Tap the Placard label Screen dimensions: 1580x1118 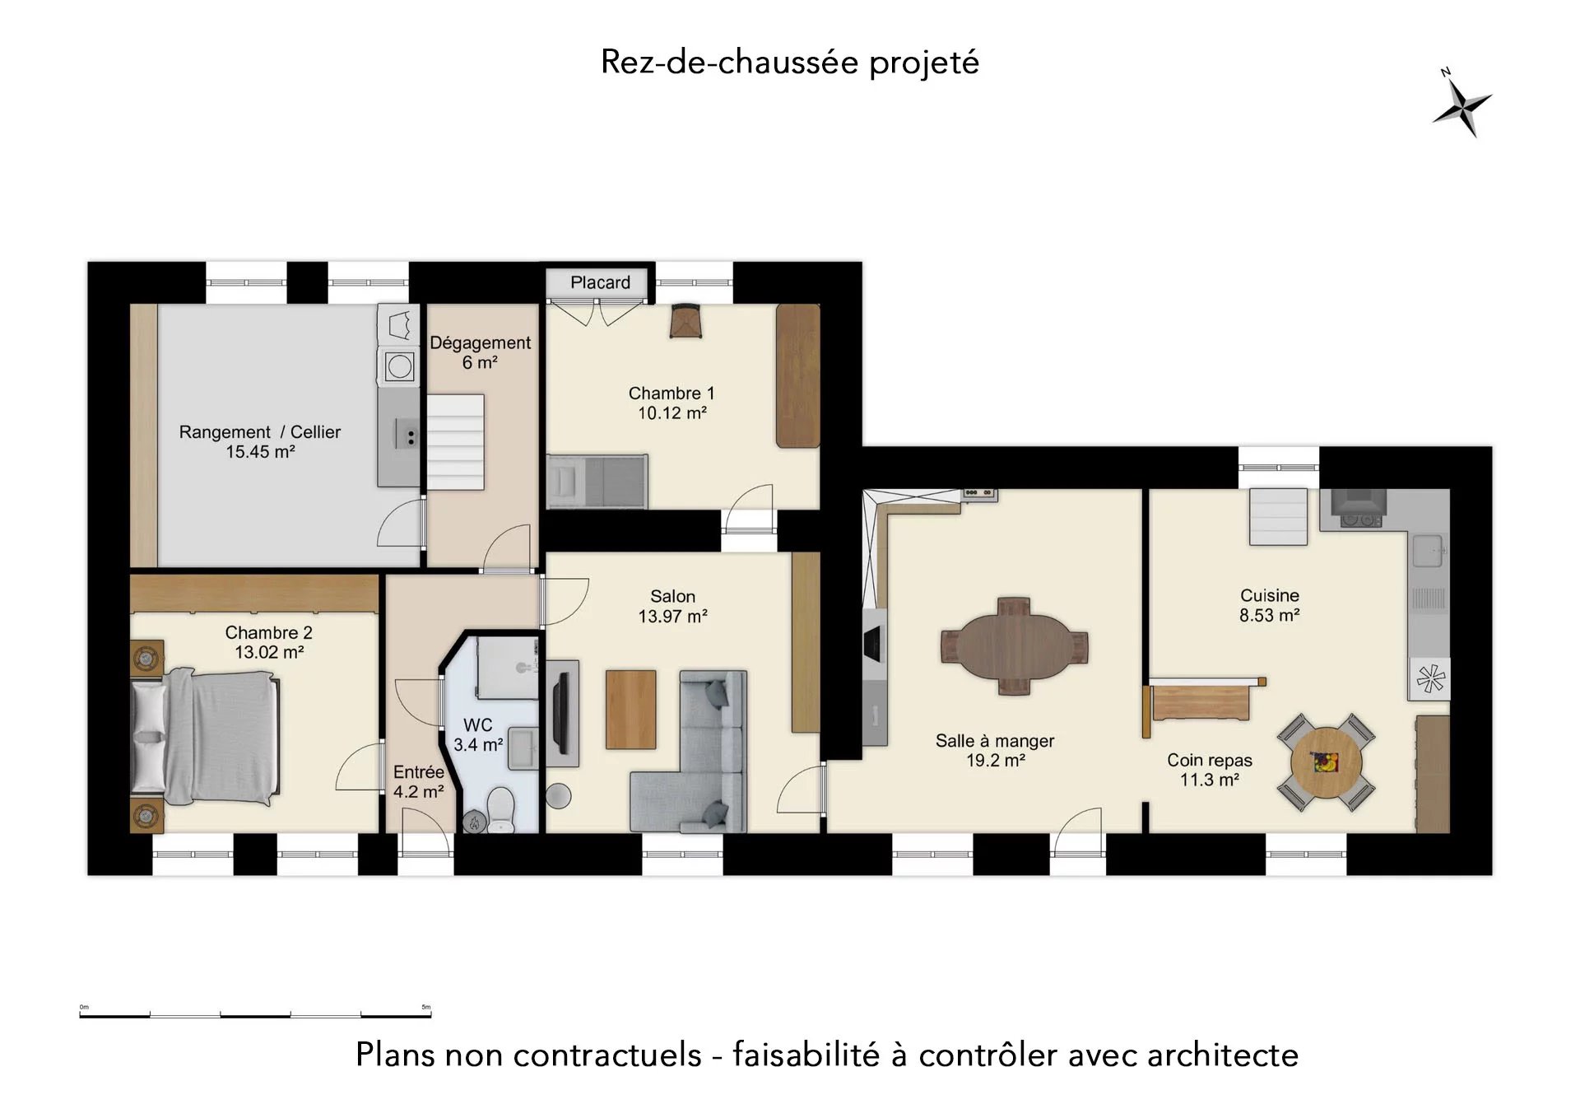tap(600, 282)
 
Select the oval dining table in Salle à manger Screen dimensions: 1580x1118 tap(1014, 646)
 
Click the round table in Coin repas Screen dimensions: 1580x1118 tap(1326, 762)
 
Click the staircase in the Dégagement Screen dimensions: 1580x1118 tap(455, 443)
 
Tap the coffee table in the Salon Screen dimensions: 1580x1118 tap(631, 710)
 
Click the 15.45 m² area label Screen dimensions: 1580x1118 tap(260, 452)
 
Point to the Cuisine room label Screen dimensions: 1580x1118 tap(1270, 595)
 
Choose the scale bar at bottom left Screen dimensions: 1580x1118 tap(255, 1015)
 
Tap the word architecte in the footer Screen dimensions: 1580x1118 tap(1223, 1055)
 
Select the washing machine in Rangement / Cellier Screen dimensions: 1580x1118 tap(399, 366)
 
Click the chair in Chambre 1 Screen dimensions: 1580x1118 tap(685, 321)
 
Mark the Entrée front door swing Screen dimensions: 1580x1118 tap(425, 831)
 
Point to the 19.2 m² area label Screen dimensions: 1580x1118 tap(995, 761)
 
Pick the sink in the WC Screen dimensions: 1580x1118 tap(523, 748)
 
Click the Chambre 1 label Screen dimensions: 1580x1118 tap(671, 394)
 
